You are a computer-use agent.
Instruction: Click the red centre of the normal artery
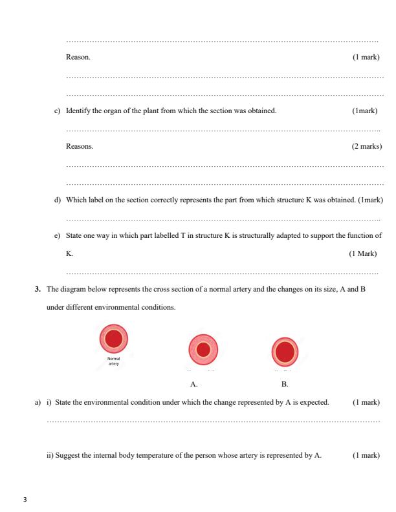coord(114,338)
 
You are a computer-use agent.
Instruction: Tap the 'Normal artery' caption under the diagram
coord(113,360)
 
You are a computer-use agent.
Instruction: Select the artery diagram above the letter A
coord(203,350)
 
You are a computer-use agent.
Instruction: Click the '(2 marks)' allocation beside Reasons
coord(366,147)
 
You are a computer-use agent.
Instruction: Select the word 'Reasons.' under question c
coord(80,147)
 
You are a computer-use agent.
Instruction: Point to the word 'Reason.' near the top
coord(78,58)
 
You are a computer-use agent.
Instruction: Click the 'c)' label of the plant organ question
coord(57,111)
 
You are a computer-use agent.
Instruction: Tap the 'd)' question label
coord(57,200)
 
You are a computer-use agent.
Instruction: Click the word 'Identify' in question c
coord(78,111)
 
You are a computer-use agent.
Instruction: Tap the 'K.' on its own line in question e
coord(70,253)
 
